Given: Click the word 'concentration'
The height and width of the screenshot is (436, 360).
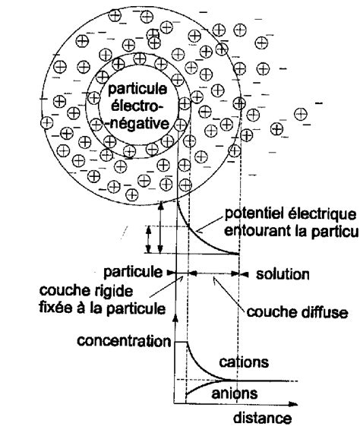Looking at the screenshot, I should [x=125, y=341].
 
